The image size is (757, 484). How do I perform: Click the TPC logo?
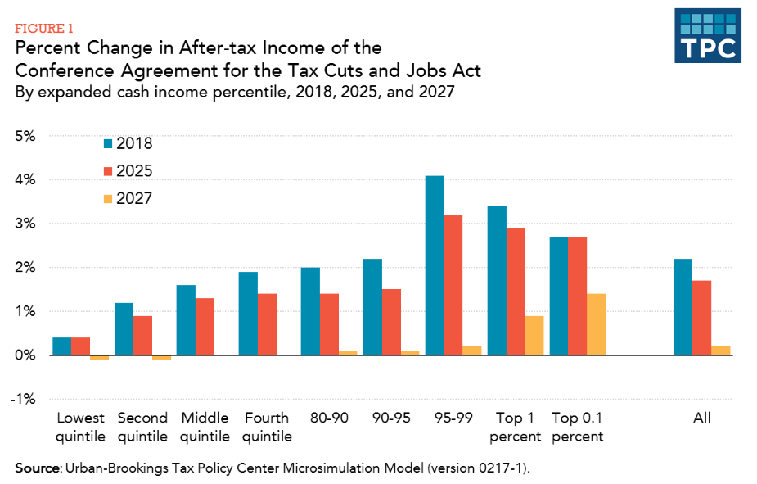pyautogui.click(x=708, y=35)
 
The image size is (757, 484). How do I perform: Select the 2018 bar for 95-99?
pyautogui.click(x=435, y=265)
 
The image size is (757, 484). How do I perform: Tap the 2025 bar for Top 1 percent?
pyautogui.click(x=515, y=292)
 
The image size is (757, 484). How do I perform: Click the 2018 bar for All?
pyautogui.click(x=682, y=307)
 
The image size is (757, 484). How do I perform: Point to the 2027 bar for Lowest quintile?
pyautogui.click(x=99, y=358)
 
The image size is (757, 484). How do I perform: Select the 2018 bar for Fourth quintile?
pyautogui.click(x=248, y=314)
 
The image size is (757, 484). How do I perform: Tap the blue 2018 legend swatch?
pyautogui.click(x=108, y=144)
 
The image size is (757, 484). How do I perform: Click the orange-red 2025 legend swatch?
pyautogui.click(x=108, y=171)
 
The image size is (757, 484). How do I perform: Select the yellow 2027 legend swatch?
pyautogui.click(x=108, y=199)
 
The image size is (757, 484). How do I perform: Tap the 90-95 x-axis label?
pyautogui.click(x=391, y=418)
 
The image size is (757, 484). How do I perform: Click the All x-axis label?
pyautogui.click(x=701, y=418)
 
